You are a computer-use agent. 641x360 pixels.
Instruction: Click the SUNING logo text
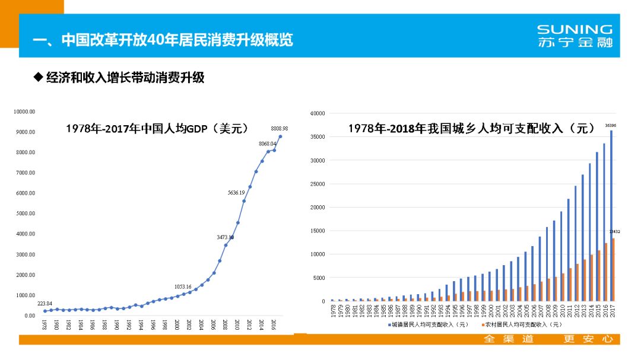(x=574, y=29)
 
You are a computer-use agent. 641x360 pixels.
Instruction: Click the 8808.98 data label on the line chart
(x=279, y=128)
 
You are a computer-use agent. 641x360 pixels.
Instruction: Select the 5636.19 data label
(x=240, y=192)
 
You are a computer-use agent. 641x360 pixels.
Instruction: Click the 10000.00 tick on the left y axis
(x=25, y=111)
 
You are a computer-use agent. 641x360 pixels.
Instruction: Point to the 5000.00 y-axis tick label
(x=25, y=214)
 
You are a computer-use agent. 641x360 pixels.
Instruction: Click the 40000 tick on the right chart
(x=317, y=113)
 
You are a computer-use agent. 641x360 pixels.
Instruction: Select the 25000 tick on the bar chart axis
(x=317, y=184)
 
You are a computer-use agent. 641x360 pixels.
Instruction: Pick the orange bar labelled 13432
(x=614, y=269)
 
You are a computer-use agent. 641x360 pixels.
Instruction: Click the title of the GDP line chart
(x=157, y=129)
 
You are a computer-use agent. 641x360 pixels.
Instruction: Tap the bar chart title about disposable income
(x=472, y=128)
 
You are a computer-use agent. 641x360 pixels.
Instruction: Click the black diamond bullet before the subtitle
(x=39, y=77)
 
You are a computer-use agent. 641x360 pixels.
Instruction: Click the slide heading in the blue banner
(x=163, y=40)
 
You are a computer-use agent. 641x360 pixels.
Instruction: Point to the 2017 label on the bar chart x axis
(x=612, y=310)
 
